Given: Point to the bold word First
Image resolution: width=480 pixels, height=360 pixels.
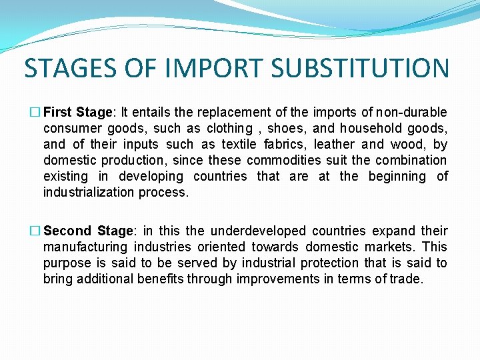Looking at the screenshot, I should (58, 112).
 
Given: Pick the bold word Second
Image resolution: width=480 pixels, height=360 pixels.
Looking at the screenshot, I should (67, 231).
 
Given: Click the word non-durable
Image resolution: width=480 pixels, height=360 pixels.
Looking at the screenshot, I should (411, 112).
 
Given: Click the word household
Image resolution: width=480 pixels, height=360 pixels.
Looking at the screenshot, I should (371, 128).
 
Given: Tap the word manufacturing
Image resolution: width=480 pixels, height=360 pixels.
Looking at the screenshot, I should (85, 247).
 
